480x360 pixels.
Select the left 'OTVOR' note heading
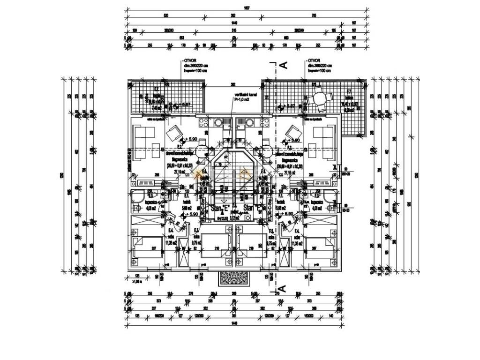(189, 61)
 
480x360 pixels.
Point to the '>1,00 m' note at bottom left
(137, 282)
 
